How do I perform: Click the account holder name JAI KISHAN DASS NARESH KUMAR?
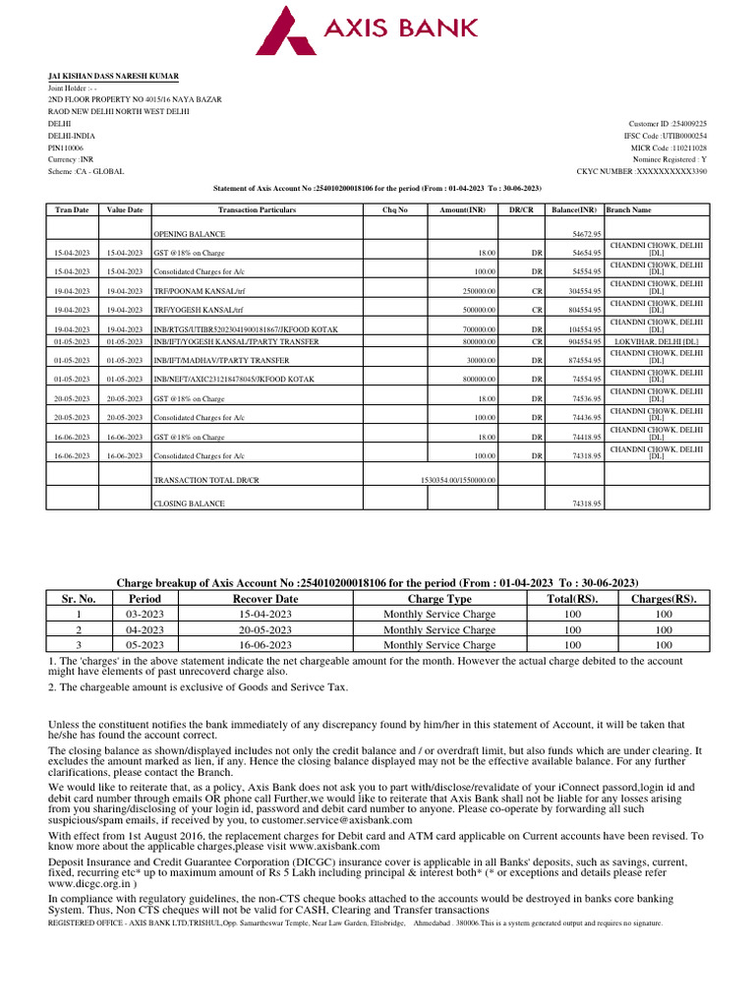click(x=114, y=76)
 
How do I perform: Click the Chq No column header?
click(x=394, y=209)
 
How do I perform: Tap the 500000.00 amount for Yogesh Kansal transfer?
click(x=476, y=310)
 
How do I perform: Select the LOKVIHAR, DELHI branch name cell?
click(x=656, y=341)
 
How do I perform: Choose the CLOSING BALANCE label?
click(x=189, y=503)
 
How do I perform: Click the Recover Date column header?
click(x=265, y=598)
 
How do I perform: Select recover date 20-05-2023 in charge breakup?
click(x=265, y=629)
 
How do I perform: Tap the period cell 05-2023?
click(x=138, y=645)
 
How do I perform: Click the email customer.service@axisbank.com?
click(x=339, y=819)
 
